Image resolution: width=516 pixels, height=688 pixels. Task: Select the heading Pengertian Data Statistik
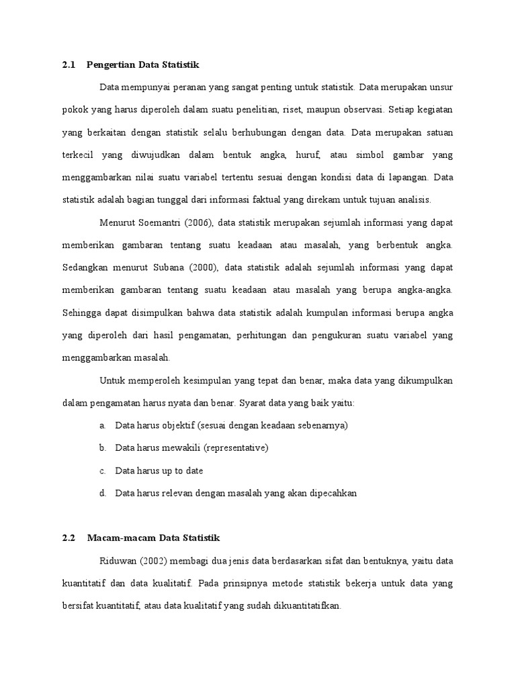point(143,65)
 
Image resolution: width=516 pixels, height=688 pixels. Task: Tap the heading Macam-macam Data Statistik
point(153,538)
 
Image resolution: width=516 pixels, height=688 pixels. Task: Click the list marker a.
point(102,425)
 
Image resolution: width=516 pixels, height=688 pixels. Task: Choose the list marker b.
point(102,447)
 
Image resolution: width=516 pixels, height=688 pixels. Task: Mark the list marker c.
point(102,470)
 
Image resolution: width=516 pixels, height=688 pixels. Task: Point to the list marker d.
point(102,493)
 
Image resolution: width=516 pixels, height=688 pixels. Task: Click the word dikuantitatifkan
point(308,605)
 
